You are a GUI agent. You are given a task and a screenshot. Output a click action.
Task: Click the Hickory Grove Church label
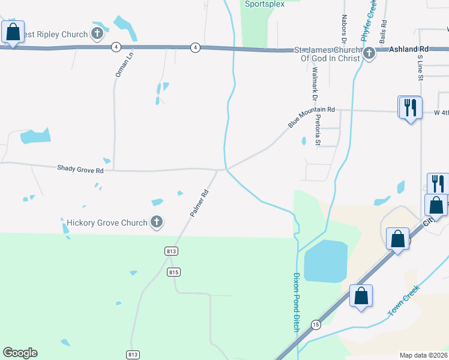tap(107, 223)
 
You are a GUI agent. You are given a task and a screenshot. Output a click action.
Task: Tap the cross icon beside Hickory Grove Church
tap(156, 223)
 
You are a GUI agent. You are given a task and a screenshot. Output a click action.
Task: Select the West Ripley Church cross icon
tap(97, 34)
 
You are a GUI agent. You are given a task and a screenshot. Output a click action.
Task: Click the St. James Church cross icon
tap(369, 55)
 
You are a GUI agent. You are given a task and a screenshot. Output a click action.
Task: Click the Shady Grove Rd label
tap(80, 170)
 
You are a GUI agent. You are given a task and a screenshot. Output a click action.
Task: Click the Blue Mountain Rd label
tap(311, 116)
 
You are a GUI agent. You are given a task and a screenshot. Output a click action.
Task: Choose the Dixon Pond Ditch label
tap(295, 304)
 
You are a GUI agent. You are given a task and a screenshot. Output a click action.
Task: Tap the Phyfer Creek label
tap(368, 21)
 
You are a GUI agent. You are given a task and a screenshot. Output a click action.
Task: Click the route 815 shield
tap(173, 272)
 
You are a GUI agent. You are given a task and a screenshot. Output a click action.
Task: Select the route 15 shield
tap(315, 324)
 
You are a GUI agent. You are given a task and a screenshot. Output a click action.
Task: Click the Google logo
tap(20, 353)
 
